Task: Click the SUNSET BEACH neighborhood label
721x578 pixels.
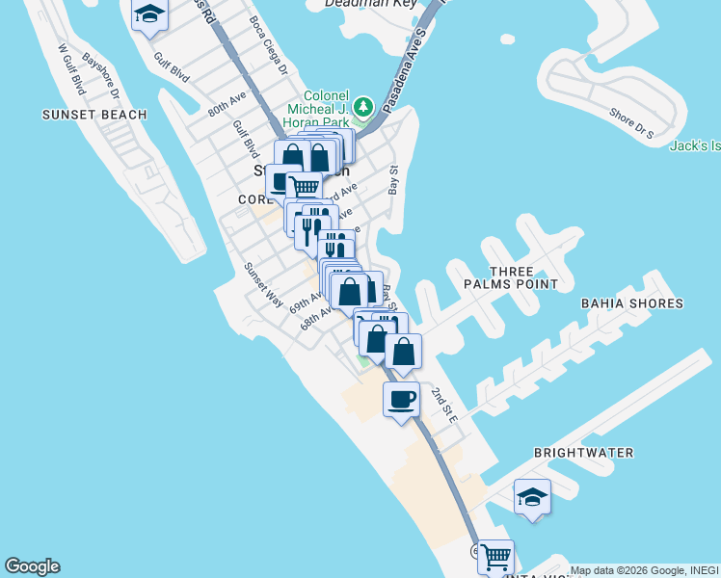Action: (x=94, y=115)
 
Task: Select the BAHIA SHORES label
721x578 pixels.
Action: (x=631, y=303)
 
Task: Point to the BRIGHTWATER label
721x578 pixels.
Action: (x=583, y=453)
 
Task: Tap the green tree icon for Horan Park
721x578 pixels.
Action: (x=363, y=105)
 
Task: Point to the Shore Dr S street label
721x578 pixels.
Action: (x=631, y=123)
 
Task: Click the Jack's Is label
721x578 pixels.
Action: (x=695, y=145)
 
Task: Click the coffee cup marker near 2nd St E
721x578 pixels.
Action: (x=401, y=398)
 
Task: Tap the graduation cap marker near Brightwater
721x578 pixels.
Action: (x=532, y=496)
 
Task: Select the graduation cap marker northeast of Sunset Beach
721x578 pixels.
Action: (x=149, y=13)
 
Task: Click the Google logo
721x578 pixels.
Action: (x=32, y=566)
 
